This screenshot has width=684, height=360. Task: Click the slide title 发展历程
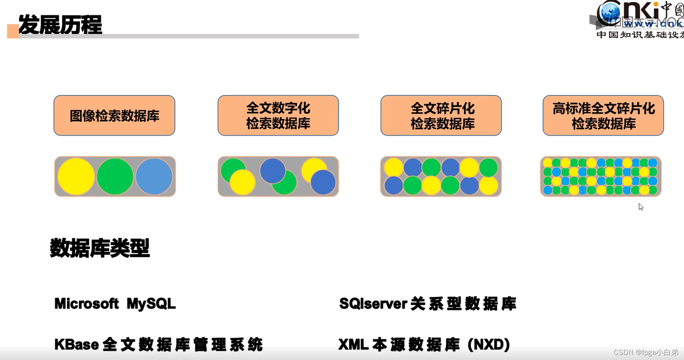point(60,25)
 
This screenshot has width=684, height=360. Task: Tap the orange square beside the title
point(13,32)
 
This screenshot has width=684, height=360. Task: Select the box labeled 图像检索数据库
point(114,116)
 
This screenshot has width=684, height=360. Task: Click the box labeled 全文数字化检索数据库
point(278,116)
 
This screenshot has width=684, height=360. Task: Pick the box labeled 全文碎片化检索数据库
point(441,116)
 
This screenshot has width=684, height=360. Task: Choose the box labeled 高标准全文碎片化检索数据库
point(603,116)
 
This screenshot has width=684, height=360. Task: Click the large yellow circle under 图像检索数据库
point(76,177)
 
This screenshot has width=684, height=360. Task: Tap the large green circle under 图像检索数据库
point(115,177)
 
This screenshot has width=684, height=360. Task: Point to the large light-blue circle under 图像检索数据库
point(154,177)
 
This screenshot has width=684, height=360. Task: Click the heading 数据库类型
point(100,248)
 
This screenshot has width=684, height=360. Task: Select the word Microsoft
point(86,304)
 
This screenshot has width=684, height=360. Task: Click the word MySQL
point(151,304)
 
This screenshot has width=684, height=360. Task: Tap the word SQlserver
point(373,304)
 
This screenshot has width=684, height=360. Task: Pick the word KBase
point(76,344)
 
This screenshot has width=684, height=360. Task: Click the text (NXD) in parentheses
point(489,344)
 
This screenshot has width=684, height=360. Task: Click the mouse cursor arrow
point(641,207)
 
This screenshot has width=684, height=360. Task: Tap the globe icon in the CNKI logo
point(609,13)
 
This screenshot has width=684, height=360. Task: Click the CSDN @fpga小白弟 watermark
point(646,352)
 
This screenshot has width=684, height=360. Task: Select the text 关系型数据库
point(463,304)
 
